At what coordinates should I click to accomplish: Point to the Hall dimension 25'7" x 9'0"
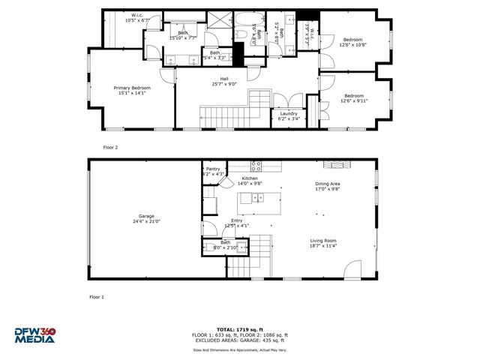224,84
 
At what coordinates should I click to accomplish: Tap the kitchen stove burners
256,164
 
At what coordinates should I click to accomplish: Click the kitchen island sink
256,199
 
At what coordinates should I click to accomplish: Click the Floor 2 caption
112,148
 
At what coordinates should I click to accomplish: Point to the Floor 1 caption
97,297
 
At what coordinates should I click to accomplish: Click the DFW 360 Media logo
34,334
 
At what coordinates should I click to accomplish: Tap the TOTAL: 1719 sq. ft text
240,329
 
